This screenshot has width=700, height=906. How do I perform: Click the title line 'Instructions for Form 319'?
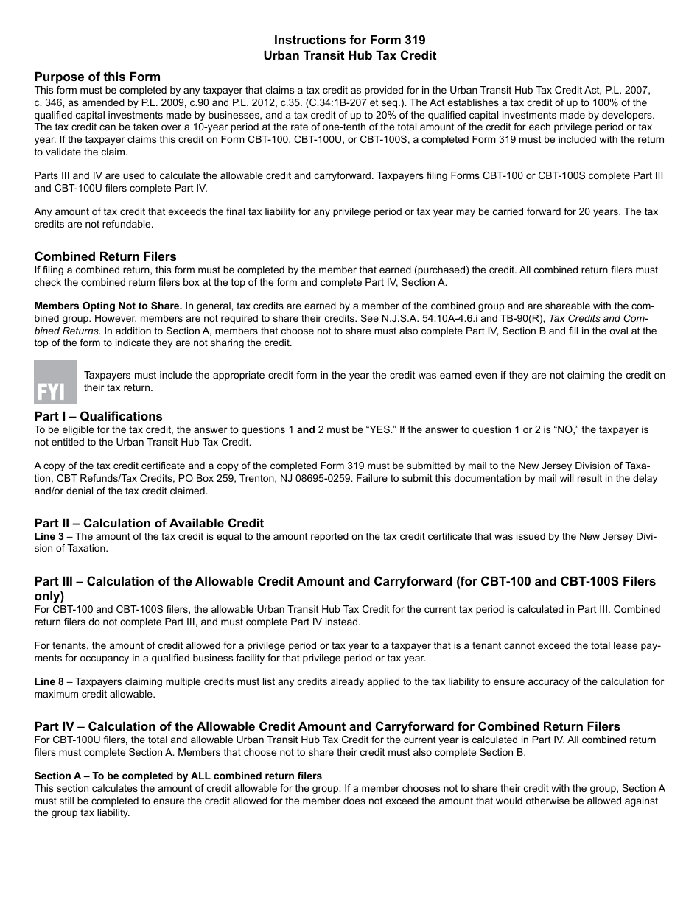pos(349,41)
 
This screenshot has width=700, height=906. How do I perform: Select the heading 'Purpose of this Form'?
pos(97,77)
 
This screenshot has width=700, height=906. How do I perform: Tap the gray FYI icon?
pos(55,382)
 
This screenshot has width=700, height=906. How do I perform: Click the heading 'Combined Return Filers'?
pos(105,256)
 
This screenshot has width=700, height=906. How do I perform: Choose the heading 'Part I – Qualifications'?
pos(98,416)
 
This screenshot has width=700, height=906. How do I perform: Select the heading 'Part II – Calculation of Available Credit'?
pos(149,523)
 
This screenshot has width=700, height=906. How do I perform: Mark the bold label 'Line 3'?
pos(49,536)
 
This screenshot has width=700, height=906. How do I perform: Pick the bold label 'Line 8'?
pos(49,681)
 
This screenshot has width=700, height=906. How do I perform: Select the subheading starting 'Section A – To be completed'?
pos(178,776)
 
